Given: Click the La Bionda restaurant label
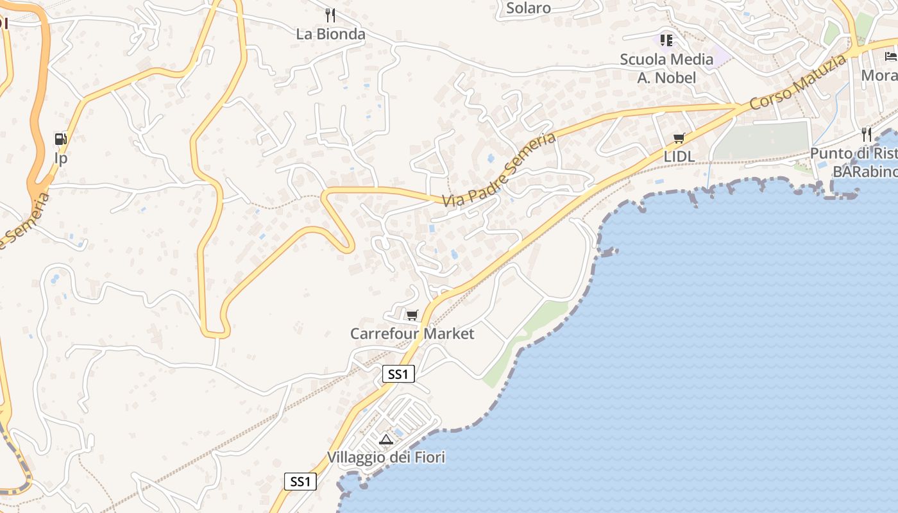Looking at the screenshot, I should click(x=330, y=34).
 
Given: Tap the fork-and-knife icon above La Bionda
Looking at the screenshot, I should click(x=330, y=15).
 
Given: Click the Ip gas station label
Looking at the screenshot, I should click(x=61, y=158).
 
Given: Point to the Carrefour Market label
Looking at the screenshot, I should click(x=412, y=333).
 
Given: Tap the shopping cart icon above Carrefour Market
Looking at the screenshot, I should click(x=412, y=314).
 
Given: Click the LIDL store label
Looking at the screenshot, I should click(x=679, y=156).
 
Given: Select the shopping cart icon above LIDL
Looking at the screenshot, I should click(x=679, y=138).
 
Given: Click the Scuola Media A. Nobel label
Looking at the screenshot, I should click(x=666, y=68).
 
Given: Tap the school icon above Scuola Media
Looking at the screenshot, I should click(x=666, y=40).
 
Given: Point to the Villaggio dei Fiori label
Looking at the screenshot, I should click(x=385, y=457).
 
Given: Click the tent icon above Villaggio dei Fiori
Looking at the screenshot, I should click(x=385, y=439).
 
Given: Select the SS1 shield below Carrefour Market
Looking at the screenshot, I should click(x=398, y=374).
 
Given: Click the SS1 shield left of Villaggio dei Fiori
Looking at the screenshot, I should click(x=300, y=482).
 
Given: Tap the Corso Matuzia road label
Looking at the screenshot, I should click(x=797, y=83).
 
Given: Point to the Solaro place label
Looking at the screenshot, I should click(x=529, y=8).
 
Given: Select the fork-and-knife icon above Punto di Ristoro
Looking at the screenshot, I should click(x=867, y=135).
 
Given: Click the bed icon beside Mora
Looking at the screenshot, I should click(x=891, y=56).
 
